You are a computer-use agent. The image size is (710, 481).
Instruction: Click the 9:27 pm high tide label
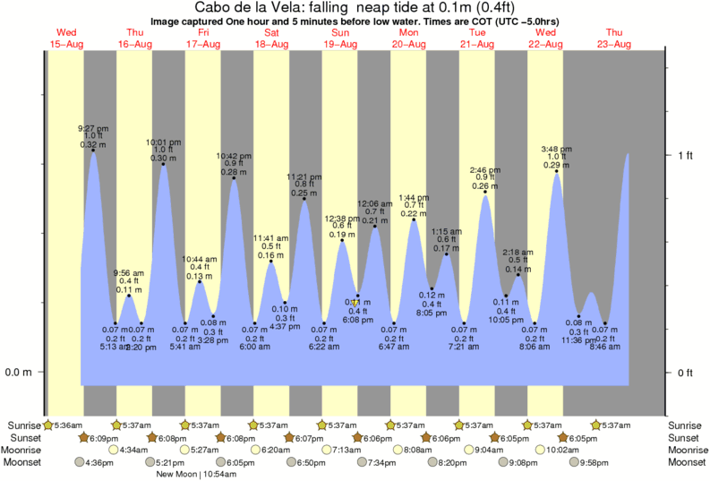point(92,127)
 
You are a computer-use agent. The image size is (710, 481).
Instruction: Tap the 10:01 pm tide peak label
point(163,142)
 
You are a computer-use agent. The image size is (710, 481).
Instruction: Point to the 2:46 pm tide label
point(486,169)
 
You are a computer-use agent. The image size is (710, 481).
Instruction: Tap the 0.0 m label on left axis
point(19,372)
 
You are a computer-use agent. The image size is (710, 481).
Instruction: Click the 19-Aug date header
point(341,44)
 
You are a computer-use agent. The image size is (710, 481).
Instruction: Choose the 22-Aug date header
point(546,44)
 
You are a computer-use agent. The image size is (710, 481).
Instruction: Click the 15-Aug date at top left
point(67,44)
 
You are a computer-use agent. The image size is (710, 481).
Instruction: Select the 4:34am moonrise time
point(135,450)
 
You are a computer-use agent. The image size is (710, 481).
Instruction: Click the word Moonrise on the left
point(22,450)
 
